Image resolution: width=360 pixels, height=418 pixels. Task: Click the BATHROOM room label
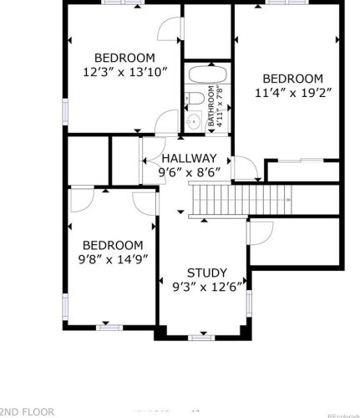[212, 105]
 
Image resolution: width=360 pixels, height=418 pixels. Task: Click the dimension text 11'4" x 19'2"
[287, 94]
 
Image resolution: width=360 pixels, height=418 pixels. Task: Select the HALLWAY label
[189, 158]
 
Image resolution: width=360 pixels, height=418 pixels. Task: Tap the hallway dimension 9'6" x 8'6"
[189, 173]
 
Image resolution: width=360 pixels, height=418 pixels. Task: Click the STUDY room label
[205, 273]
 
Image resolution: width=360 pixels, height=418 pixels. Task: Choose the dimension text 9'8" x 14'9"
[112, 259]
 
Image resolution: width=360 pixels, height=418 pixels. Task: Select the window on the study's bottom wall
[200, 337]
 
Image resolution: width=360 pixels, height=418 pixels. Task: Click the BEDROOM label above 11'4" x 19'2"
[287, 79]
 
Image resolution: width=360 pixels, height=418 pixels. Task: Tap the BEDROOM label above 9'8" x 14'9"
[112, 244]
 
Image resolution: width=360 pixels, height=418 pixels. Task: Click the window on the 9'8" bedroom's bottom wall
[109, 327]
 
